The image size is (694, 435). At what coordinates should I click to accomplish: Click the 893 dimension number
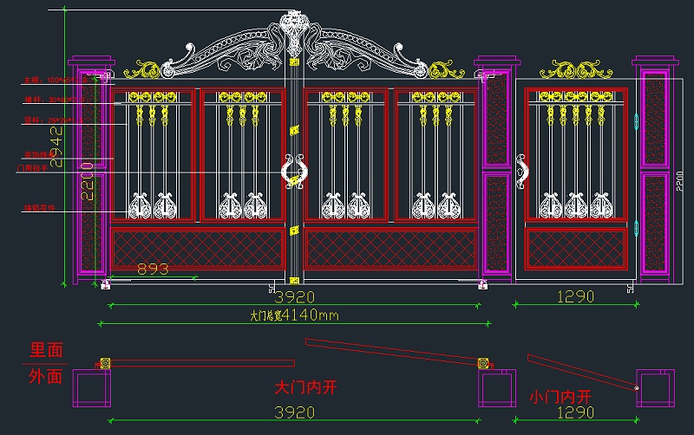click(154, 269)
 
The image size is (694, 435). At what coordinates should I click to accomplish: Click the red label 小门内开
click(565, 396)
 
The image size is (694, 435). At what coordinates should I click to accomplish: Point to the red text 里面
click(47, 351)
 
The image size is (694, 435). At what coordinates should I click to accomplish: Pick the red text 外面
click(47, 377)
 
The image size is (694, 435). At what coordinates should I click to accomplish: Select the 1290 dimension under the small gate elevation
click(574, 296)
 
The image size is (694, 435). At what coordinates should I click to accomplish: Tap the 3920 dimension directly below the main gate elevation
click(294, 296)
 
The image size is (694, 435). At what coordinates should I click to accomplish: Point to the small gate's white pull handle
click(522, 170)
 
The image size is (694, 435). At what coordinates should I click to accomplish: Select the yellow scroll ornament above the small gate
click(575, 68)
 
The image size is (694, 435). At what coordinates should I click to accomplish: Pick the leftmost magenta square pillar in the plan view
click(89, 388)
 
